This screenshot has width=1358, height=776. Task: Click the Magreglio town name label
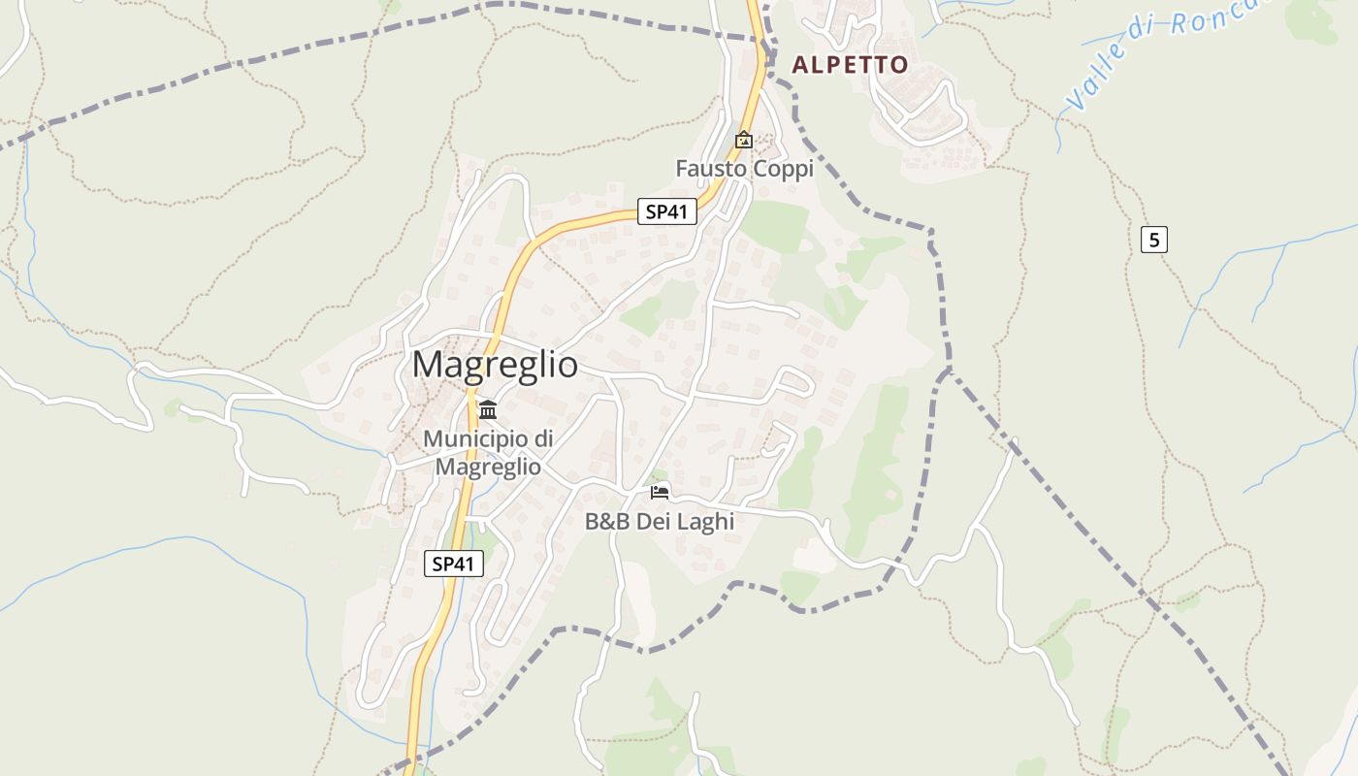pyautogui.click(x=495, y=365)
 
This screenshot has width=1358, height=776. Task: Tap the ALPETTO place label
pyautogui.click(x=850, y=65)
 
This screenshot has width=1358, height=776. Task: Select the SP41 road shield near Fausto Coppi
pyautogui.click(x=666, y=211)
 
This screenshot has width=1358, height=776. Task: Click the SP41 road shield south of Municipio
pyautogui.click(x=453, y=564)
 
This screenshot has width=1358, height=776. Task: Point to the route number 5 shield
pyautogui.click(x=1152, y=239)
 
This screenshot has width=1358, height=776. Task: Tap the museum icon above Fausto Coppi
pyautogui.click(x=744, y=141)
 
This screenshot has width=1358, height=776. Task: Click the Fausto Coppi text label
pyautogui.click(x=744, y=169)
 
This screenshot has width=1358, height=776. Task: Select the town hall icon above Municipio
pyautogui.click(x=487, y=409)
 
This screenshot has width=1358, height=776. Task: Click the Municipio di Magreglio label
pyautogui.click(x=488, y=452)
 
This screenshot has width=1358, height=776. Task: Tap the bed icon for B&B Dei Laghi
pyautogui.click(x=660, y=493)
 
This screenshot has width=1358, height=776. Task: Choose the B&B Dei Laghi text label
pyautogui.click(x=660, y=522)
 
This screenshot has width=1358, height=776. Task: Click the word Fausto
pyautogui.click(x=710, y=169)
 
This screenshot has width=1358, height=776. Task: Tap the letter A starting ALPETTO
pyautogui.click(x=800, y=65)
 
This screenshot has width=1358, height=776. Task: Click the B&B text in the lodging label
pyautogui.click(x=607, y=522)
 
